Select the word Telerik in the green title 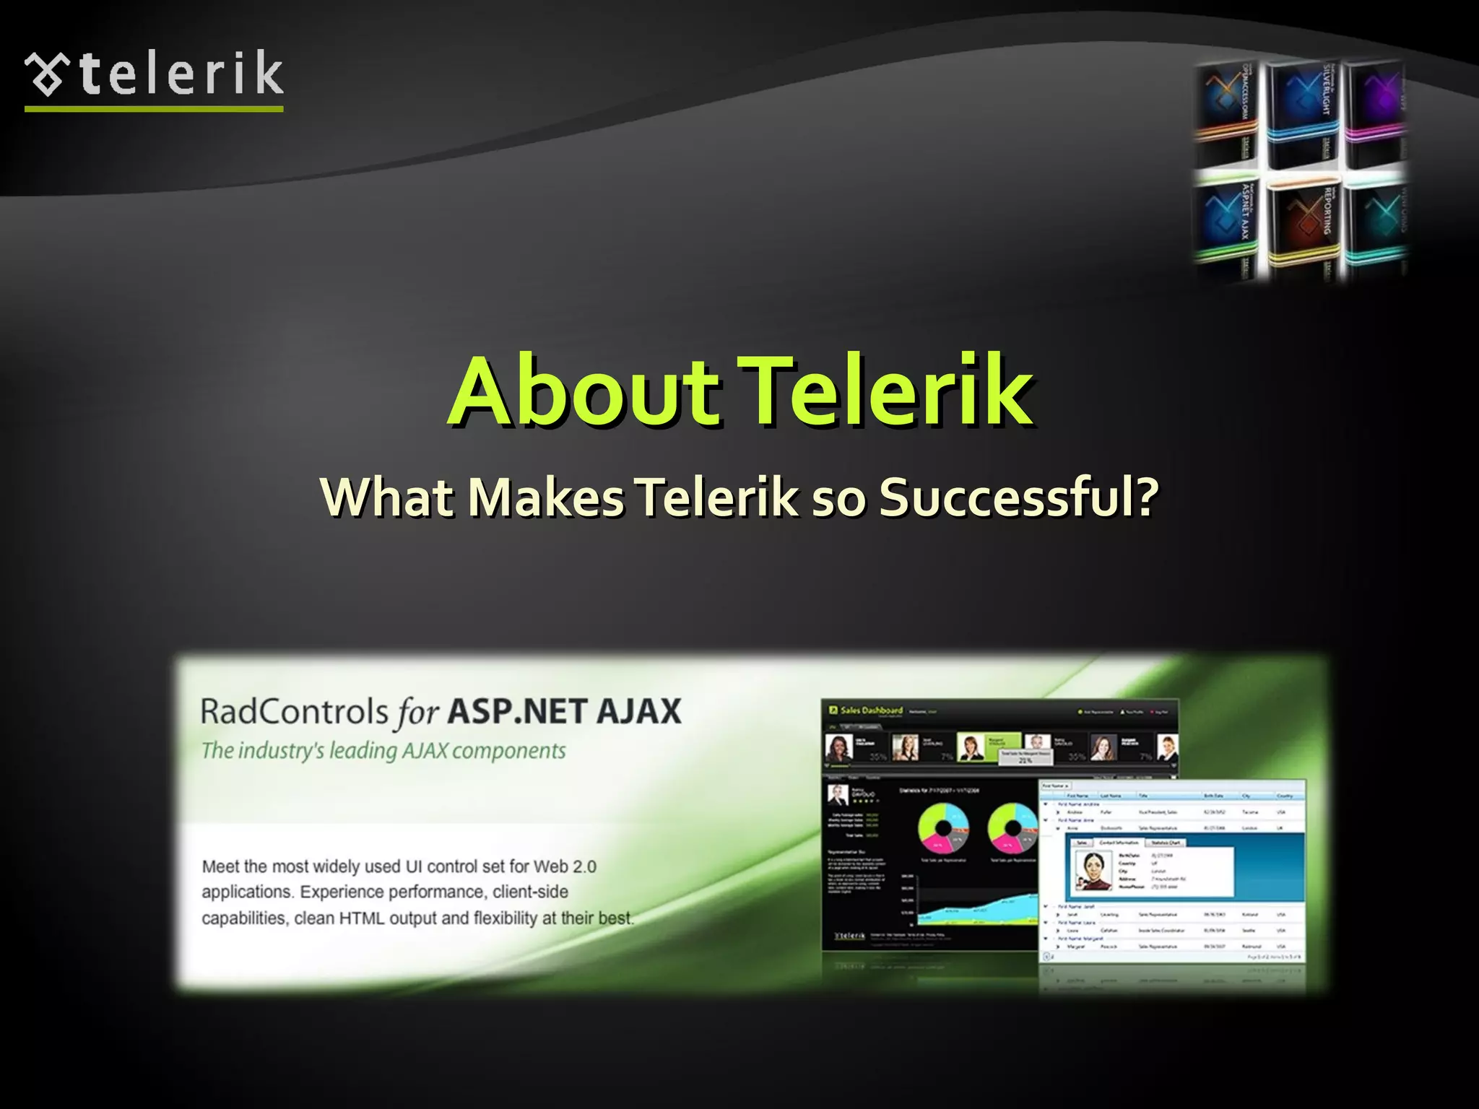888,392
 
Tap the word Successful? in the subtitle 1018,497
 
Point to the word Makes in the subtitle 546,497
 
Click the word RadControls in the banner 295,712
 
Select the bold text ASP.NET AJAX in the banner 564,712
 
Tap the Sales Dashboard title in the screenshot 871,710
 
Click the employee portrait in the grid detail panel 1090,870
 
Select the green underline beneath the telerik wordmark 154,109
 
